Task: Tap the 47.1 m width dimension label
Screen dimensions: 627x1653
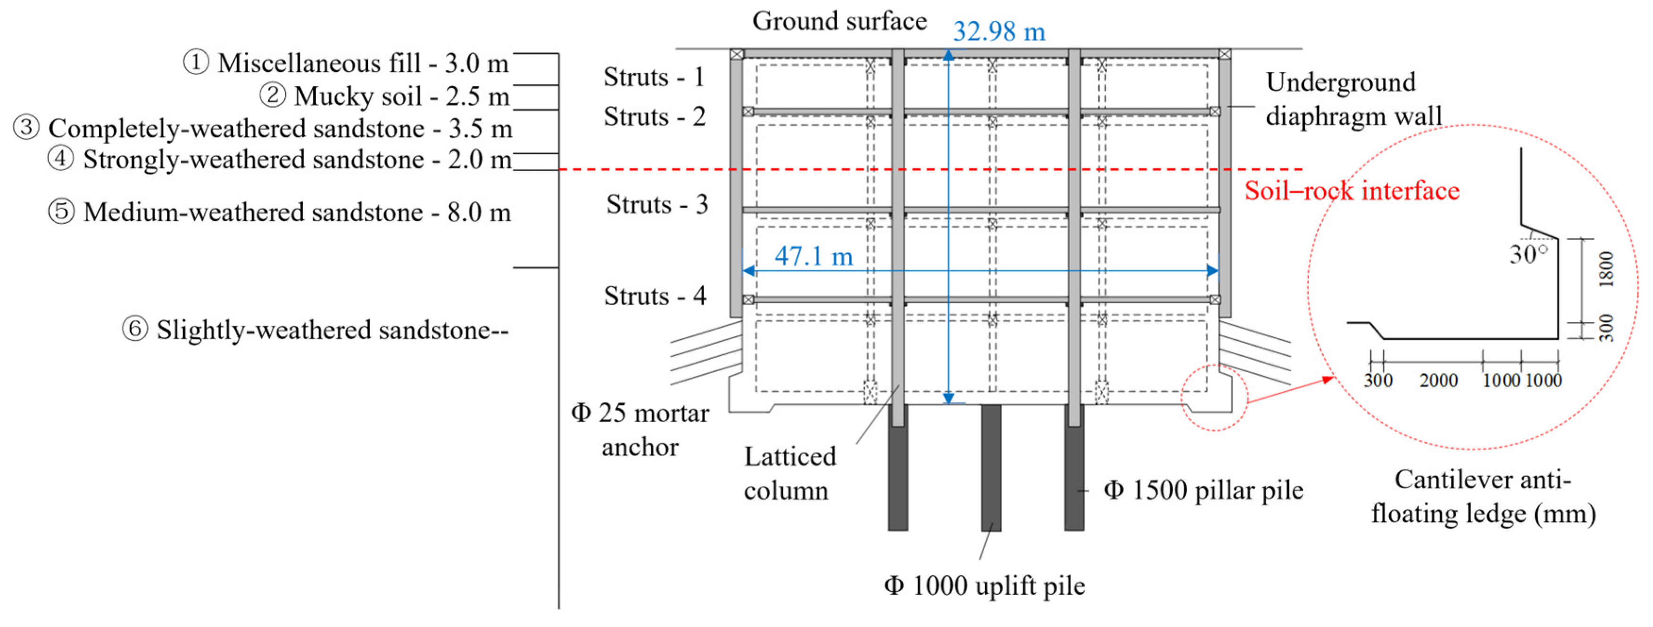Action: (x=814, y=256)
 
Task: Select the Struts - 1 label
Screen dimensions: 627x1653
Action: (x=654, y=77)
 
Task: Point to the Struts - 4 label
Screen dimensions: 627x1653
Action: (x=655, y=296)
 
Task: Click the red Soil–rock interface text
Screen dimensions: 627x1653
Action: (x=1352, y=191)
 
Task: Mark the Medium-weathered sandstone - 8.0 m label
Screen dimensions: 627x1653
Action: (x=280, y=212)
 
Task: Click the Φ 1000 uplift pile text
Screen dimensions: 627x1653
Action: (x=984, y=585)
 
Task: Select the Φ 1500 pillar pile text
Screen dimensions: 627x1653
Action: (x=1203, y=490)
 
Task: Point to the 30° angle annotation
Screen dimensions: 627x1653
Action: (x=1528, y=254)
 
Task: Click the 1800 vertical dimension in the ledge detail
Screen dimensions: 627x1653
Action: (x=1605, y=269)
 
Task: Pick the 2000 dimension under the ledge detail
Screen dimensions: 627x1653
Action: (x=1438, y=381)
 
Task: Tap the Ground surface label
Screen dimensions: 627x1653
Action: (x=839, y=21)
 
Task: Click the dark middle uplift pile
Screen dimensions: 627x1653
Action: (x=991, y=467)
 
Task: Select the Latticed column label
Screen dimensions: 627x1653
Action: (x=789, y=474)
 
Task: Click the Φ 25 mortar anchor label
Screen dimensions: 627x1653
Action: (x=640, y=430)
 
